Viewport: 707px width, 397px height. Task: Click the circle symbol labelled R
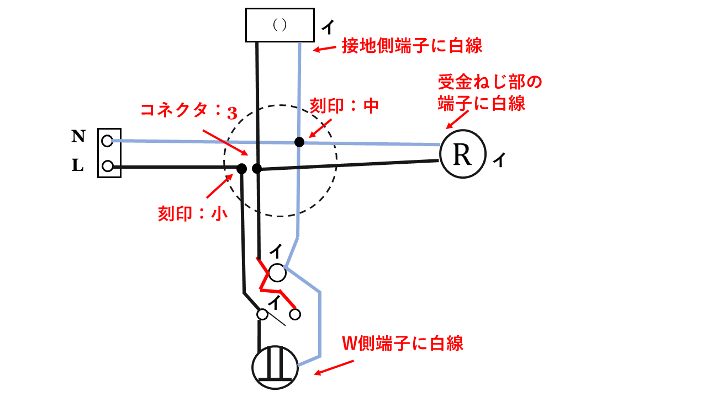click(462, 155)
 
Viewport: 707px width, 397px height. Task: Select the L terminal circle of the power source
click(108, 165)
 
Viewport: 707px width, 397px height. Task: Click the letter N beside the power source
click(78, 137)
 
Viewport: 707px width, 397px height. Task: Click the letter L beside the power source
click(78, 165)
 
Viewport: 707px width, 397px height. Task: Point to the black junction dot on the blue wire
click(299, 142)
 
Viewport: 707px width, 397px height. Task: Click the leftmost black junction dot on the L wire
click(241, 169)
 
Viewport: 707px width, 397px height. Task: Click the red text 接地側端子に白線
click(412, 45)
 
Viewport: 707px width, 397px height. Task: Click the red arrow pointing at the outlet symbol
click(334, 368)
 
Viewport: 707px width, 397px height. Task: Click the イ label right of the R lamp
click(498, 160)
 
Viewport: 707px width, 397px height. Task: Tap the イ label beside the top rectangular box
click(327, 26)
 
